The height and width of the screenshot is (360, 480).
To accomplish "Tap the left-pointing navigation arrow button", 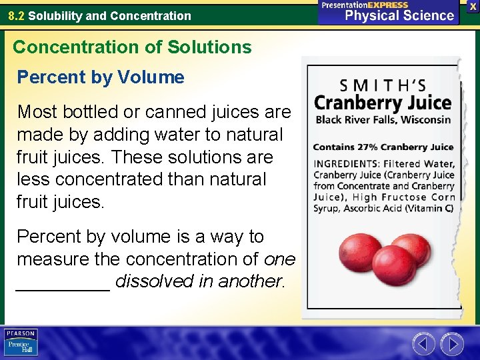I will click(423, 344).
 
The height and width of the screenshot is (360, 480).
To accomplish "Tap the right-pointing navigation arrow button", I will click(452, 344).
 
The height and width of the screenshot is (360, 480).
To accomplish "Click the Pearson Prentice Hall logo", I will click(21, 342).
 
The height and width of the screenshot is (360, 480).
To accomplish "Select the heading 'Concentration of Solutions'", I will click(132, 47).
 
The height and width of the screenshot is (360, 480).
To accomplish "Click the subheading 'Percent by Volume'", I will click(100, 77).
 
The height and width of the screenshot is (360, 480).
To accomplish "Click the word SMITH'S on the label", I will click(383, 86).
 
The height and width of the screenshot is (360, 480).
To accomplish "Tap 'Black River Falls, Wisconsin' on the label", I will click(383, 120).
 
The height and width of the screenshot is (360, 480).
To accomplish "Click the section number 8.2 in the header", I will click(17, 15).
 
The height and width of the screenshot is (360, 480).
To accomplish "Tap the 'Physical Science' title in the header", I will click(400, 15).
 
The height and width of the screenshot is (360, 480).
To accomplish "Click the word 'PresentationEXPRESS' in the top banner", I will click(365, 5).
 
